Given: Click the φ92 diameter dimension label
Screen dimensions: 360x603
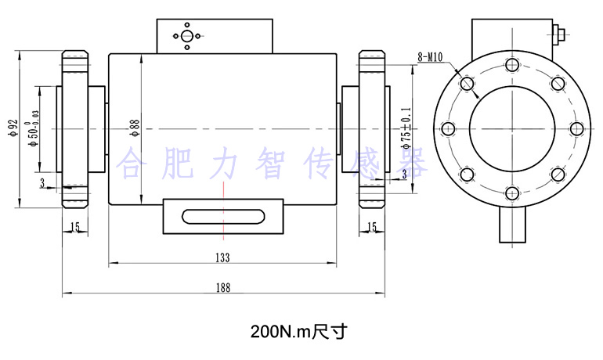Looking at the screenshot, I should click(x=12, y=128).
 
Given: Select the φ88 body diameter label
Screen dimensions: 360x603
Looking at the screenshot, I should click(x=135, y=128).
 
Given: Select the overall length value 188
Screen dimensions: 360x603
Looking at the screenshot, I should click(x=222, y=288).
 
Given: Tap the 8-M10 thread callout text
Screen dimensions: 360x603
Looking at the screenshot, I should click(x=430, y=56).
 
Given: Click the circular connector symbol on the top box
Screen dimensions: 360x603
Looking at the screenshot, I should click(x=186, y=35).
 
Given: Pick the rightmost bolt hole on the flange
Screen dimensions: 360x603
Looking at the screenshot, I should click(x=576, y=128).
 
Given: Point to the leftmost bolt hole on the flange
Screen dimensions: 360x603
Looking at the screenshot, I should click(x=447, y=128).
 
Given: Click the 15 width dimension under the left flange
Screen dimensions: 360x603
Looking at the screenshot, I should click(x=75, y=227).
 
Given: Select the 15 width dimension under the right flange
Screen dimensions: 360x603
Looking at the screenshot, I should click(x=372, y=227).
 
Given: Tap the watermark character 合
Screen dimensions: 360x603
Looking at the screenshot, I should click(x=131, y=163).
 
